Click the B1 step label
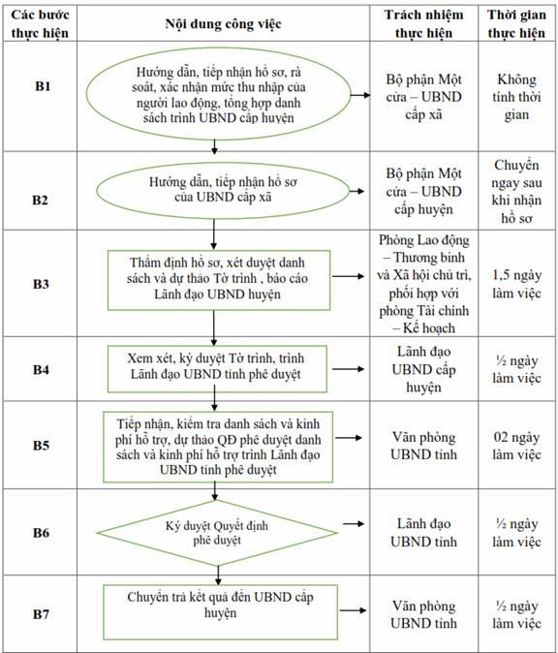(43, 86)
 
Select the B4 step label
(41, 369)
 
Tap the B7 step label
(41, 614)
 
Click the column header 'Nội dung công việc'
(223, 24)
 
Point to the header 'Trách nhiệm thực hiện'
(423, 23)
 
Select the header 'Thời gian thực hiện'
(516, 23)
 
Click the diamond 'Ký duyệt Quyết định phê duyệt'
(217, 533)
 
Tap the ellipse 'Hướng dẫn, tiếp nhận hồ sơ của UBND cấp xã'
(223, 190)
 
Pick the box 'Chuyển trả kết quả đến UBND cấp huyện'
(220, 611)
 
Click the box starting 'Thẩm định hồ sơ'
(219, 280)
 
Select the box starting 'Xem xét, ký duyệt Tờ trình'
(217, 368)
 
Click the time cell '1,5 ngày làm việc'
(516, 284)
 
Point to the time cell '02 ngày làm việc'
(516, 446)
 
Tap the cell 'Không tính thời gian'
(516, 97)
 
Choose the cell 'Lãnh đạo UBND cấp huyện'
(423, 369)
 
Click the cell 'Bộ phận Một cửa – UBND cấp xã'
(423, 97)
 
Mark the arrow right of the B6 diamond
(354, 523)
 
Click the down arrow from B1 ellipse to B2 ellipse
(214, 145)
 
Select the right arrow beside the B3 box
(348, 276)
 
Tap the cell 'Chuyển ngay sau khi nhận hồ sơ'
(516, 191)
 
